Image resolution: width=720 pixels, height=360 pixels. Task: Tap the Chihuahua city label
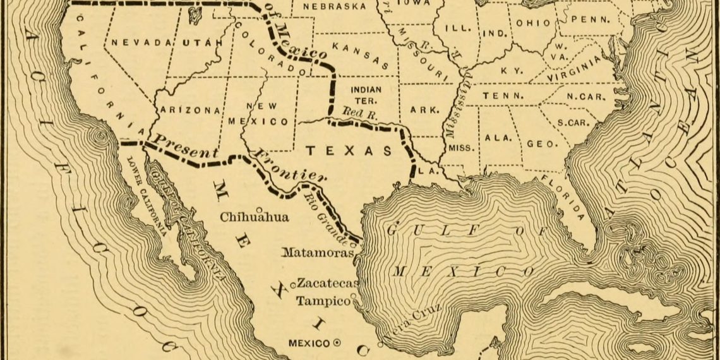(x=255, y=217)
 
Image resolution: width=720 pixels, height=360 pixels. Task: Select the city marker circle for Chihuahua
(x=259, y=210)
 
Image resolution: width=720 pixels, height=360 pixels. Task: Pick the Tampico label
(x=323, y=301)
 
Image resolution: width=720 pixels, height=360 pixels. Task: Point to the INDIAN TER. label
(x=366, y=95)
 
